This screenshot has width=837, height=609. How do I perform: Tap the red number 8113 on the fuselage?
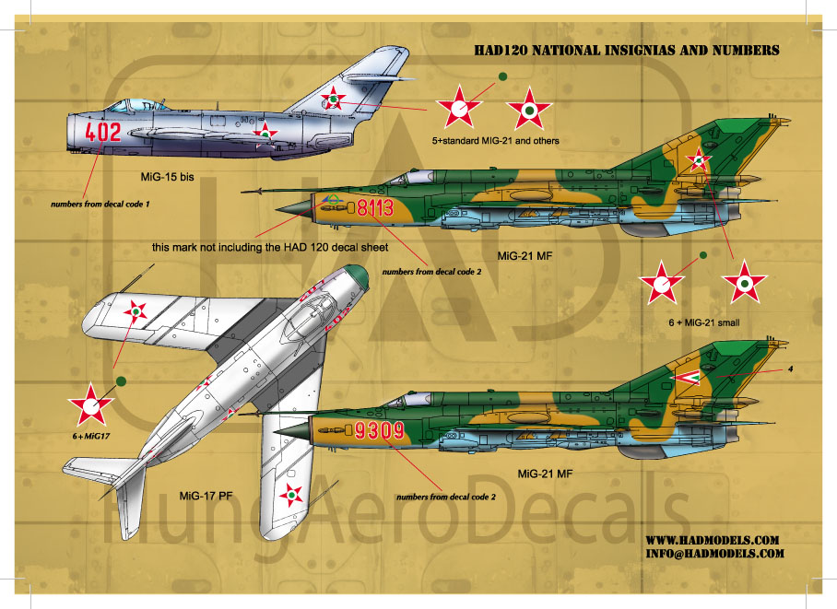[374, 208]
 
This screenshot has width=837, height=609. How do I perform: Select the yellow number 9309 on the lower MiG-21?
[354, 428]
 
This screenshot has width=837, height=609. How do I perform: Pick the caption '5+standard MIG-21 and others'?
[496, 141]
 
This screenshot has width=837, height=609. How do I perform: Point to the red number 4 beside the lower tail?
[790, 371]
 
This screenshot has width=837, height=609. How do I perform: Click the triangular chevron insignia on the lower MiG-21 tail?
[685, 376]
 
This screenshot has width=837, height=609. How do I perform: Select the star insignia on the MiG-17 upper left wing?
[136, 311]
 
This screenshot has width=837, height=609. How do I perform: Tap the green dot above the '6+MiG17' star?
[121, 378]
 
